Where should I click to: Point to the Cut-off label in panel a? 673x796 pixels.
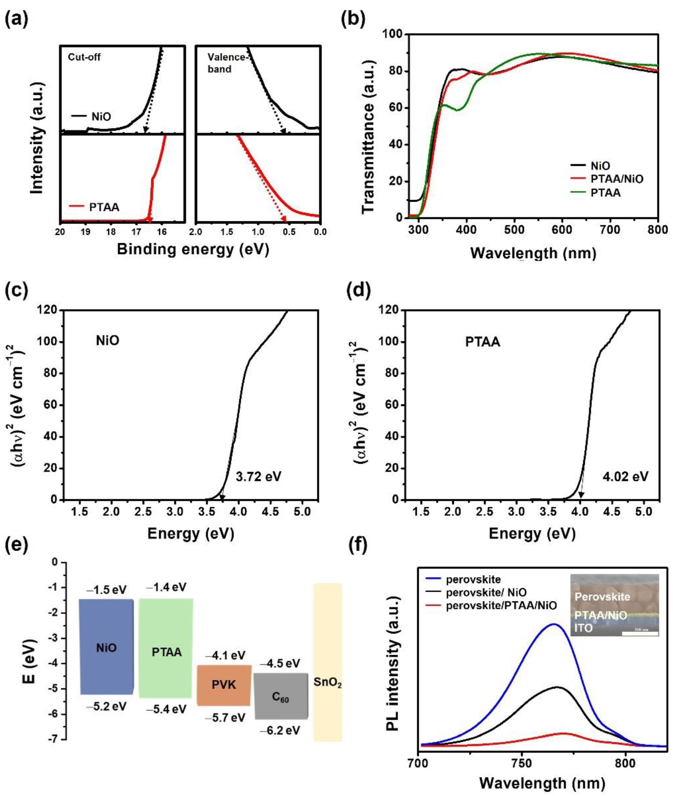click(84, 57)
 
